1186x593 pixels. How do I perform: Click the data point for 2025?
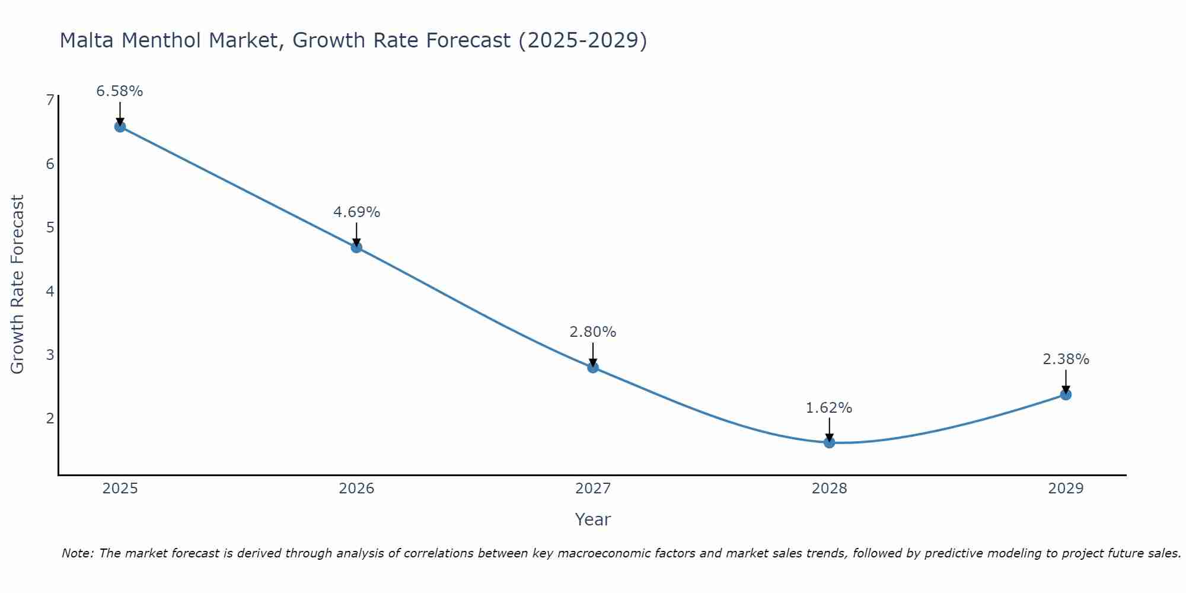(120, 126)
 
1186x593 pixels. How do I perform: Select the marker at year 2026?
(356, 247)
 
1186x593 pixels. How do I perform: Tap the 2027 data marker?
(593, 368)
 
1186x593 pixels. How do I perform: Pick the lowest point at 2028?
(829, 442)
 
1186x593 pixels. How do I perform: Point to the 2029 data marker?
(1066, 394)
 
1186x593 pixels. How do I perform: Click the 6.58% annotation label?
(120, 91)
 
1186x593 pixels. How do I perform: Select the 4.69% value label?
(356, 212)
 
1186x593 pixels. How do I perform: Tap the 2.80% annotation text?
(593, 332)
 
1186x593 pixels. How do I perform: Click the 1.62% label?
(829, 408)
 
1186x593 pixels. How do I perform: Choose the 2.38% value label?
(1066, 359)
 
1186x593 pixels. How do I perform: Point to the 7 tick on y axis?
(50, 100)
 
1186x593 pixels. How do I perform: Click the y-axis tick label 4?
(50, 291)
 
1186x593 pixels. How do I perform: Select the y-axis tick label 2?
(50, 418)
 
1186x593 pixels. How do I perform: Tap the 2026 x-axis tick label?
(356, 489)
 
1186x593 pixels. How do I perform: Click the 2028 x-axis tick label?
(829, 489)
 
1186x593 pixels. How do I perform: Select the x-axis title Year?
(593, 519)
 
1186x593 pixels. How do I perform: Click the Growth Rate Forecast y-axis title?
(18, 285)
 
